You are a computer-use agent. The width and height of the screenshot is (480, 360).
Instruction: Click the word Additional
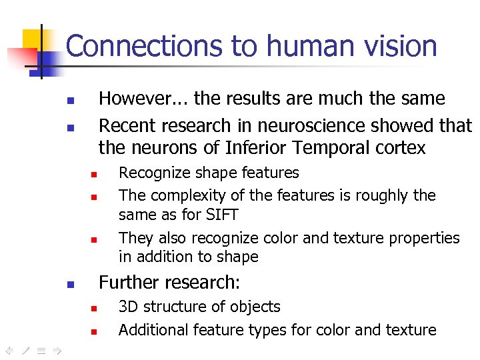(x=153, y=329)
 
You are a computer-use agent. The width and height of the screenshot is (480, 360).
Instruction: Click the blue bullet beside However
(x=71, y=101)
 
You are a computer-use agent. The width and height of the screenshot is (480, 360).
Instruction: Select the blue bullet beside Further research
(x=71, y=285)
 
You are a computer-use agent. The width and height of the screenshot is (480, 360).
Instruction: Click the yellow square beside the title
(x=32, y=40)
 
